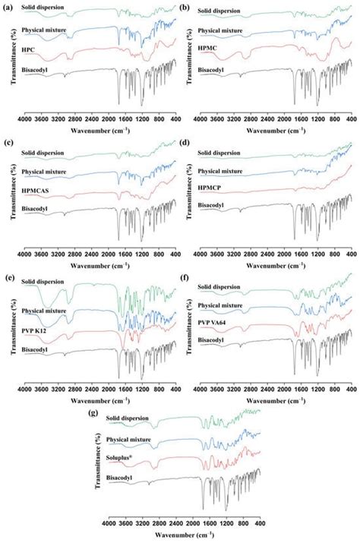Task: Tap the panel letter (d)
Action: pyautogui.click(x=185, y=141)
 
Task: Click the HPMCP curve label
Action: pyautogui.click(x=213, y=188)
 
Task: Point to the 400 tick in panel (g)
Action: pyautogui.click(x=260, y=523)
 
